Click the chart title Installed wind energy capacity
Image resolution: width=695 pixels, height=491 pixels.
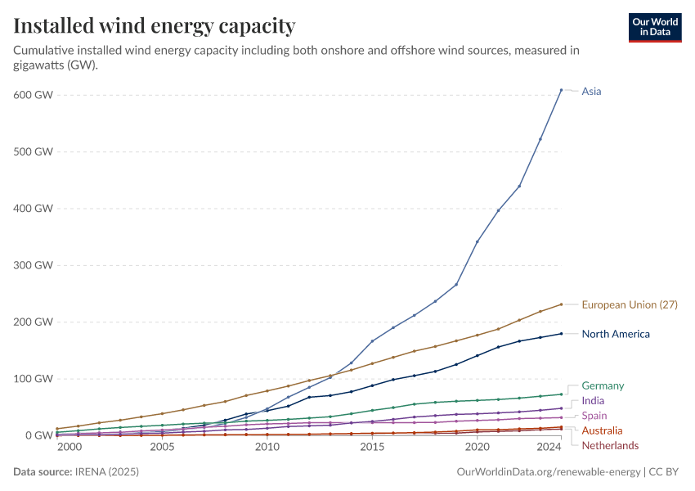pyautogui.click(x=155, y=25)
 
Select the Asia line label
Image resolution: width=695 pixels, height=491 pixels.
pyautogui.click(x=591, y=92)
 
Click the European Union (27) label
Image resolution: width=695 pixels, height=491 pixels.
pyautogui.click(x=630, y=304)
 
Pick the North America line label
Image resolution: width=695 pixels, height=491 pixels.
pyautogui.click(x=616, y=334)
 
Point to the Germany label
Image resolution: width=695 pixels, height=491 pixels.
pyautogui.click(x=603, y=385)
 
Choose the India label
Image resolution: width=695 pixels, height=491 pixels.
pyautogui.click(x=593, y=401)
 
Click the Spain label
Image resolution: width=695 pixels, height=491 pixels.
pyautogui.click(x=594, y=416)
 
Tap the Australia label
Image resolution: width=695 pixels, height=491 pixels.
pyautogui.click(x=602, y=430)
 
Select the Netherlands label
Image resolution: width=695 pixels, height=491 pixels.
pyautogui.click(x=610, y=445)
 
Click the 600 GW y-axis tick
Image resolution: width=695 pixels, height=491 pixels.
pyautogui.click(x=33, y=95)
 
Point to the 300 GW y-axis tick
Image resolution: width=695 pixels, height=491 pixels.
pyautogui.click(x=33, y=265)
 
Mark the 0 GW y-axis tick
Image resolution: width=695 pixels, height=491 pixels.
pyautogui.click(x=38, y=435)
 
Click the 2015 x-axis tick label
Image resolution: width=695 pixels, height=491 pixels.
pyautogui.click(x=372, y=448)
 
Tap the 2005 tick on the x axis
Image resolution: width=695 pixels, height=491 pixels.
pyautogui.click(x=162, y=448)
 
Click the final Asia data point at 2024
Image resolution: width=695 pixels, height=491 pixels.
pyautogui.click(x=561, y=90)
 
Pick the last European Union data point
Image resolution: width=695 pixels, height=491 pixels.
pyautogui.click(x=561, y=304)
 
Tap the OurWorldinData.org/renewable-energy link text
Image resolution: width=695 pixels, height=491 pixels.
pyautogui.click(x=548, y=472)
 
